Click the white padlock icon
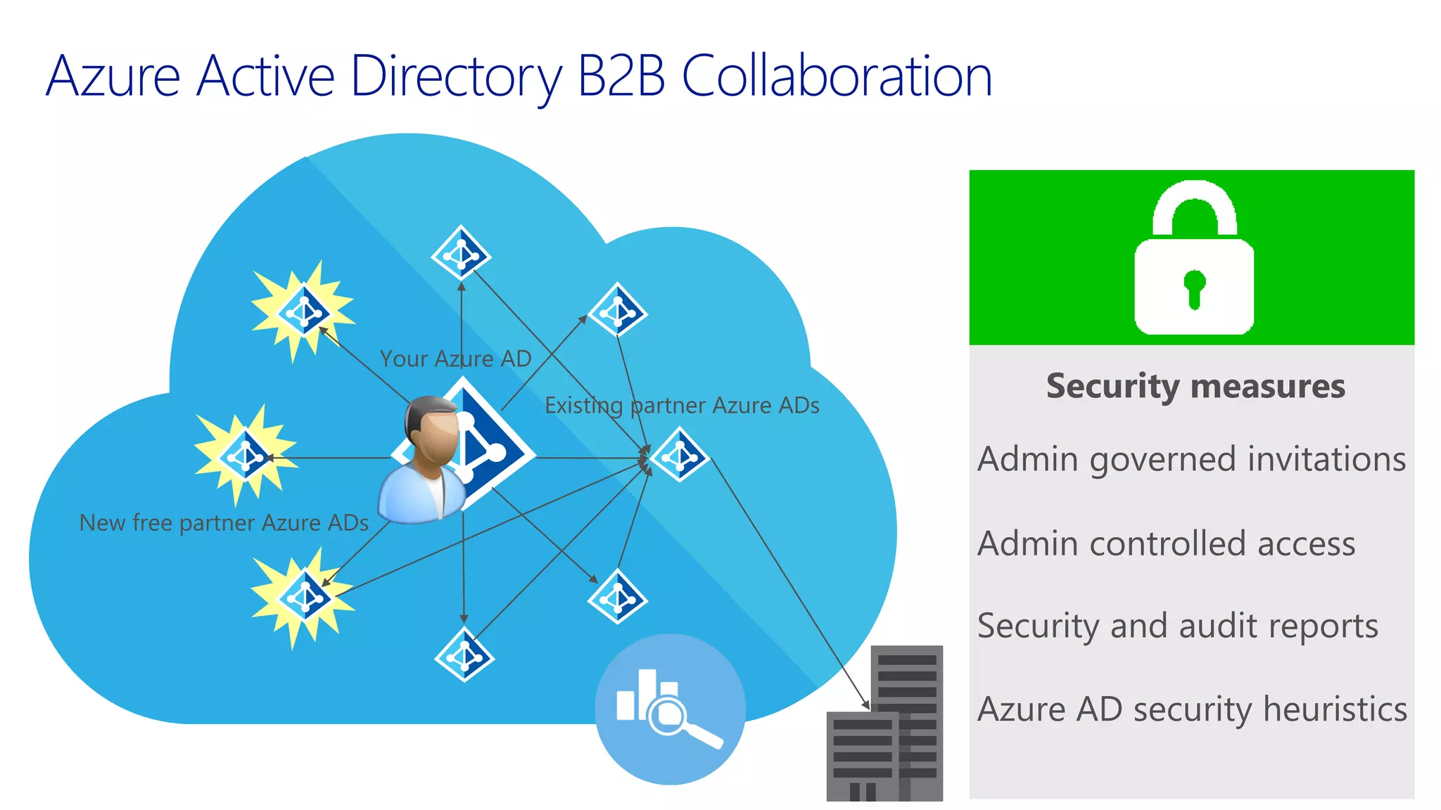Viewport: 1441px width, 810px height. pos(1194,260)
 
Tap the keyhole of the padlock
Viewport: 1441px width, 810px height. pos(1194,287)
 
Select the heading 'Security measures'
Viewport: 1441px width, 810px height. pos(1195,386)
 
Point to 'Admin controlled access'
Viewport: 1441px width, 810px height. pos(1166,544)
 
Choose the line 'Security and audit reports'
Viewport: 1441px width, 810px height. pos(1177,626)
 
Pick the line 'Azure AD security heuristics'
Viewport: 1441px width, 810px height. pos(1192,709)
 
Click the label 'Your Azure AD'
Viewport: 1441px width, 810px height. pos(455,359)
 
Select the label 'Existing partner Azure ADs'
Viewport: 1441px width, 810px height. pos(682,406)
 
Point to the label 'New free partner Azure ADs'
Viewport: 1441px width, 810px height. pos(224,523)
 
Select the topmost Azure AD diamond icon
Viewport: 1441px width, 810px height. pos(461,253)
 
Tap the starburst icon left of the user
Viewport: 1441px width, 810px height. pos(245,456)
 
